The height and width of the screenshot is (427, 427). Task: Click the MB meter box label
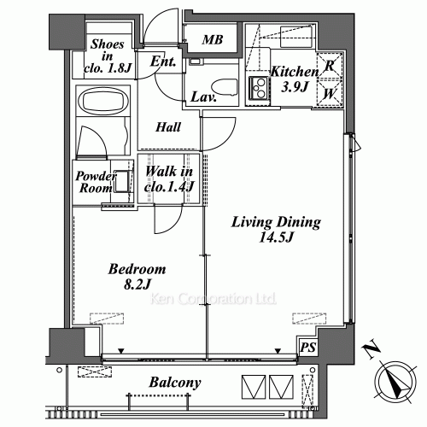coord(213,40)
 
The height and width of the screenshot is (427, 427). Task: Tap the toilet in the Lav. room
coord(225,87)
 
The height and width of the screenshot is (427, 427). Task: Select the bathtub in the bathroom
coord(103,101)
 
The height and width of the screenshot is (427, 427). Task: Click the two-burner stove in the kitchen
coord(260,88)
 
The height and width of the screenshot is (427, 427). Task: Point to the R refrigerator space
coord(330,66)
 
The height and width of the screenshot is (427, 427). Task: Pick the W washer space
coord(330,94)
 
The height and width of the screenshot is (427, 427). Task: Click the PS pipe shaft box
coord(308,347)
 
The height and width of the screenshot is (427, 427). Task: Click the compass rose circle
coord(395,382)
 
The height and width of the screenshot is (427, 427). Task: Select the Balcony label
coord(175,383)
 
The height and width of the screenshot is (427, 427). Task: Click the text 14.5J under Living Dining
coord(276,237)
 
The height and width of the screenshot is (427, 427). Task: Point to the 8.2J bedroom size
coord(137,284)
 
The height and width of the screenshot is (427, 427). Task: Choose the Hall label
coord(168,127)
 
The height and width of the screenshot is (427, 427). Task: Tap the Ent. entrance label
coord(163,61)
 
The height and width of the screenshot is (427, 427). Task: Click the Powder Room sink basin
coord(121,181)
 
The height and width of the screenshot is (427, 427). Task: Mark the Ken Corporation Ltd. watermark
coord(213,299)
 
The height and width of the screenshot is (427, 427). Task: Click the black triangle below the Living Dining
coord(278,351)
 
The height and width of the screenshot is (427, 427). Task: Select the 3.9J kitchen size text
coord(295,86)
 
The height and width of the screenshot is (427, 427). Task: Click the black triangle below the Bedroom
coord(121,351)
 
